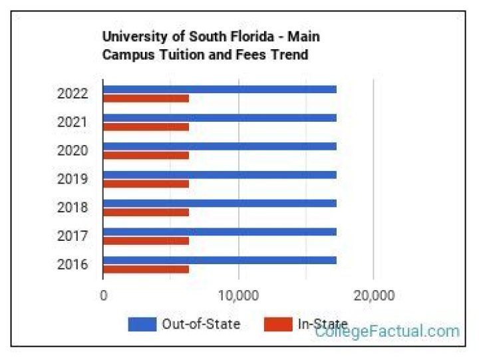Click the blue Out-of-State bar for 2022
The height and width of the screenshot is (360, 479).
point(220,89)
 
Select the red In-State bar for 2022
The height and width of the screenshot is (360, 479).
point(146,98)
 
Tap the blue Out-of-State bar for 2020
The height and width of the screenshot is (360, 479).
point(220,146)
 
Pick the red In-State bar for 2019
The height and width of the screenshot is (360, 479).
point(146,184)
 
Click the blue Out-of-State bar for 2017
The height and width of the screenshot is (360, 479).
point(220,232)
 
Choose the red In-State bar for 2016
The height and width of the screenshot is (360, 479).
point(146,270)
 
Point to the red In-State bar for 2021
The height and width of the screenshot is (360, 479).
point(146,127)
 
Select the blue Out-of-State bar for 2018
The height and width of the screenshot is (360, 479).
point(220,203)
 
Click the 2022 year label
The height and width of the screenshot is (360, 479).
point(73,94)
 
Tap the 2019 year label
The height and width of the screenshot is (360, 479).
point(73,179)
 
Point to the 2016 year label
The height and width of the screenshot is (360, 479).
point(73,265)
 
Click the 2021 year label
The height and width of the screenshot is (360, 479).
point(73,122)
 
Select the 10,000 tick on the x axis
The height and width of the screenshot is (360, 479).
point(238,295)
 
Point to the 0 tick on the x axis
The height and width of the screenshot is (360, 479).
point(103,295)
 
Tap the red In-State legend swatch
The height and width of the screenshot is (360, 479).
point(277,325)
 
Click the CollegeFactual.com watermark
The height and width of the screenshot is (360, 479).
point(387,331)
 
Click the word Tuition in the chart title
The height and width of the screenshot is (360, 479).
point(173,55)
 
